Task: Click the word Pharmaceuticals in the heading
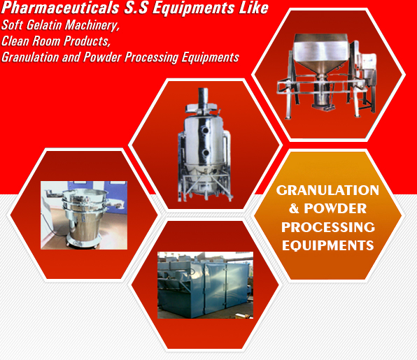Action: pos(60,8)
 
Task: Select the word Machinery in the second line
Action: pos(92,26)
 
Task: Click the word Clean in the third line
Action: pos(15,41)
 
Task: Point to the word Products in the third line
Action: pos(87,41)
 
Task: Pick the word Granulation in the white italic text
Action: pos(30,57)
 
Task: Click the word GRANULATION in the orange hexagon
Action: pos(327,190)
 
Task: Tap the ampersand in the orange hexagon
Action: pos(294,208)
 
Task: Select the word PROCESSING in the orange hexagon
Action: pos(328,227)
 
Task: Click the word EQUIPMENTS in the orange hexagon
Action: pos(328,245)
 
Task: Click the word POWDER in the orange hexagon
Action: pos(335,208)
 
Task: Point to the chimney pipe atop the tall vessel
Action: pos(203,96)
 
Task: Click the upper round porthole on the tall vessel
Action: pos(205,130)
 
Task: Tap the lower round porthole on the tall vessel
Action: pos(205,153)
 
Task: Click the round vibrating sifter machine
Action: pos(84,217)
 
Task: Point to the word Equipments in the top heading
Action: pos(193,8)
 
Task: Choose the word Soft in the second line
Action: pos(12,25)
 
